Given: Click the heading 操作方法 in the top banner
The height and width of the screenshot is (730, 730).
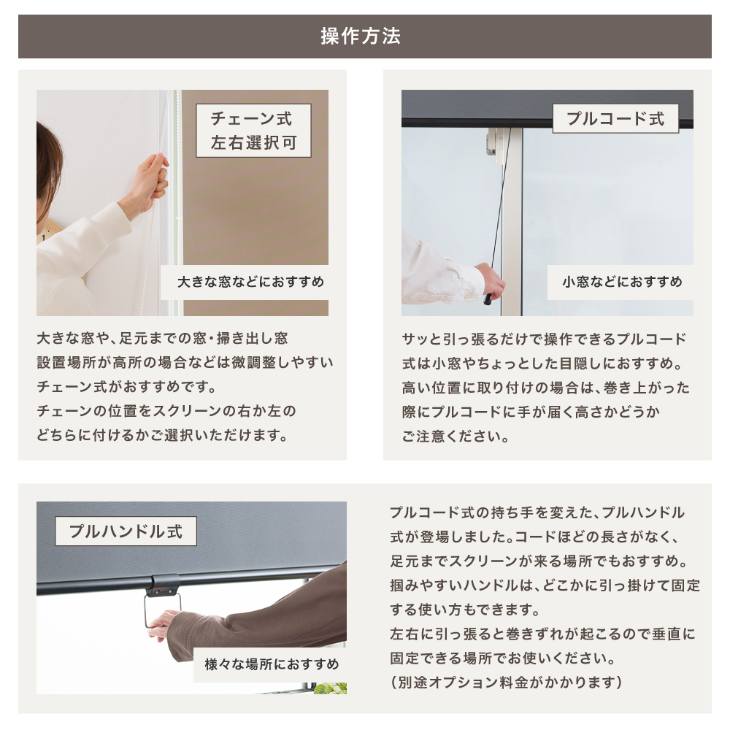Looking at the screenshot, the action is coord(361,36).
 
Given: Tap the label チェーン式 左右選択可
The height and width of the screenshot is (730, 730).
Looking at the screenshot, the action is coord(254,131).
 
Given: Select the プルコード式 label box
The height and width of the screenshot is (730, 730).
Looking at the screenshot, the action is coord(615,119).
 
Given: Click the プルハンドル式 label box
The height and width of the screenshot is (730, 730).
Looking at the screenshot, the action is coord(126,531).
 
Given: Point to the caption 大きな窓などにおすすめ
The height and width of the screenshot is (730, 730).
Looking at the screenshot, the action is coord(250,282).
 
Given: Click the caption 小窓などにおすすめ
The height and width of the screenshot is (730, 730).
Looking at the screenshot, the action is coord(623,282).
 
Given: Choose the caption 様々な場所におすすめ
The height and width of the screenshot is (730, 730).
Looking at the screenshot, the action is coord(272,664).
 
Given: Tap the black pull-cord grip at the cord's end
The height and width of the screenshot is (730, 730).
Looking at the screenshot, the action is coord(488,299).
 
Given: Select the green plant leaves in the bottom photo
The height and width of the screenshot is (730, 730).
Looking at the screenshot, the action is coord(331,688).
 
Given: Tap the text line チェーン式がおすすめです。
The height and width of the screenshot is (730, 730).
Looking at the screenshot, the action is coord(126,387).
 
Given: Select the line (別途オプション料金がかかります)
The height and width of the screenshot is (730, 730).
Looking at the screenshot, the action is coord(506,683).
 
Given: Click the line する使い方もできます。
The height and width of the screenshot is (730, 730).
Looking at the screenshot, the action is coord(465,610).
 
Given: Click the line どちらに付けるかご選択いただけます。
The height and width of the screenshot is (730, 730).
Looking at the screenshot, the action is coord(162,435).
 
